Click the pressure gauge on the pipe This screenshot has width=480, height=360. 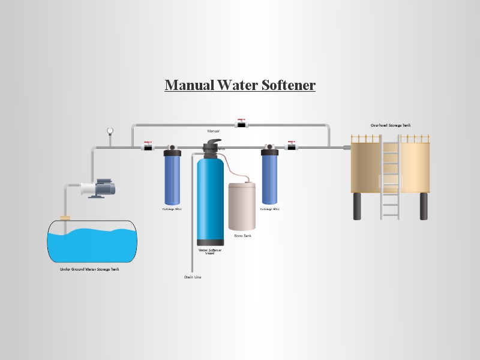(110, 131)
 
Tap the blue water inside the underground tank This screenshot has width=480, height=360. (91, 246)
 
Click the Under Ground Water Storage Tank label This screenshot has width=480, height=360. (89, 269)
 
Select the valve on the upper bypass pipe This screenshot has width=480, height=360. (242, 123)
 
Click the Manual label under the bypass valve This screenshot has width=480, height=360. (213, 131)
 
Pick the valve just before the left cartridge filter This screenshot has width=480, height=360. (148, 146)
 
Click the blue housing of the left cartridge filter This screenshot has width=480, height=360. (172, 179)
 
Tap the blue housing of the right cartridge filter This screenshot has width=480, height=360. (270, 179)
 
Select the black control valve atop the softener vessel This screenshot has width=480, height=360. (212, 148)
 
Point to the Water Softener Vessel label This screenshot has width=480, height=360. (210, 251)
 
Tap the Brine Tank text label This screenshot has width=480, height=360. (242, 236)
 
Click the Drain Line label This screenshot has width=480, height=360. (193, 277)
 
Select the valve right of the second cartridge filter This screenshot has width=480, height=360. (292, 146)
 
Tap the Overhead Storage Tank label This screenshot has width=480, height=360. (390, 125)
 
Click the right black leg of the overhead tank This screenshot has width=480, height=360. (424, 206)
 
